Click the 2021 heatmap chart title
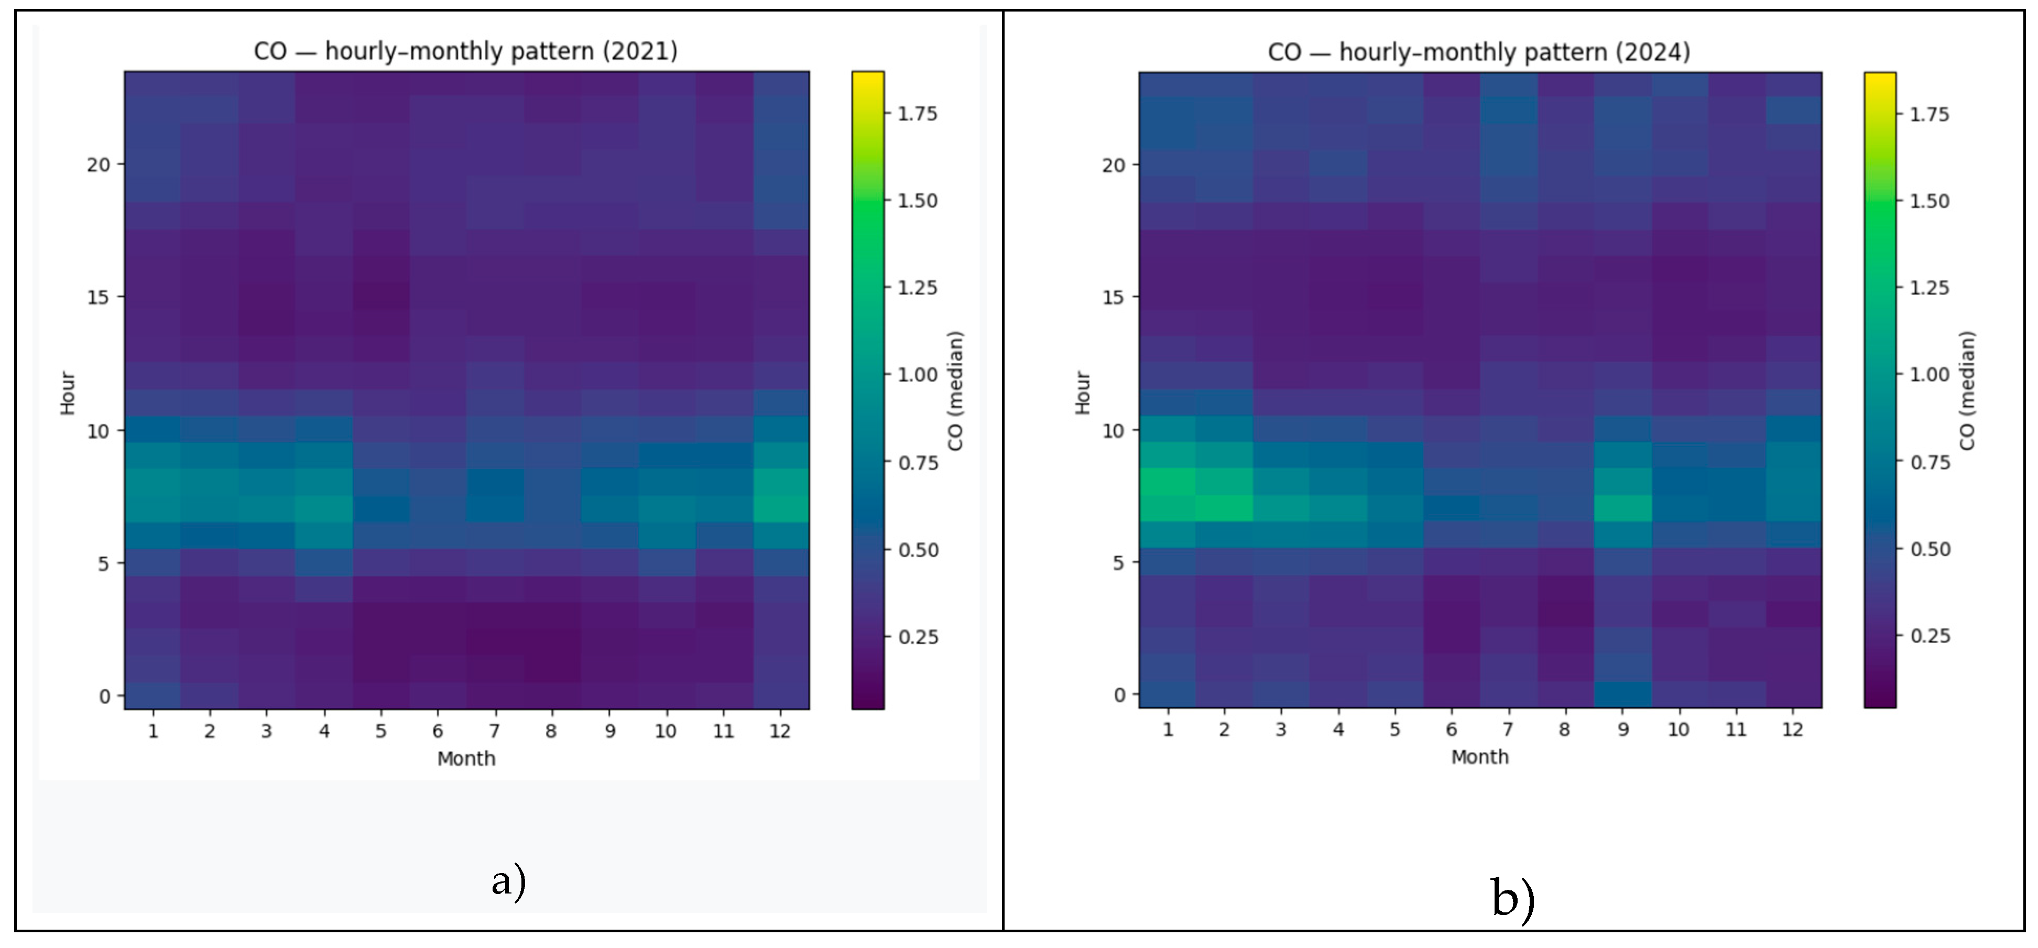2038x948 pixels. click(465, 51)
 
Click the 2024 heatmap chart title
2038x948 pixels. click(1479, 52)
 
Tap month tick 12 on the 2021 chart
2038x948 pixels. click(780, 731)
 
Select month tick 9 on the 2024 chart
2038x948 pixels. click(1622, 729)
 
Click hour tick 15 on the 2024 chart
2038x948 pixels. click(1113, 298)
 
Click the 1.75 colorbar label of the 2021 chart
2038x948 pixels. click(918, 114)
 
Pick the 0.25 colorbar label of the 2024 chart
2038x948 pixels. click(1931, 636)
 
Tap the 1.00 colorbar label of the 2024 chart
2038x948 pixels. click(1931, 374)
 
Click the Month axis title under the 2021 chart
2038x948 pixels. click(466, 759)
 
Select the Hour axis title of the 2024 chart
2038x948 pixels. click(1082, 393)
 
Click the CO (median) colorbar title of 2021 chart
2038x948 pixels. click(956, 391)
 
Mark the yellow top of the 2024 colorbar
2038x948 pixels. click(1880, 79)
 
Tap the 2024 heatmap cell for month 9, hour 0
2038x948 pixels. click(1622, 694)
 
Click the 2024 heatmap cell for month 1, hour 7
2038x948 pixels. click(1168, 508)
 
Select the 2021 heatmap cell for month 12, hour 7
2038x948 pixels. click(780, 509)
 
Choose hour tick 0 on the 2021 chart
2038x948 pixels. click(104, 696)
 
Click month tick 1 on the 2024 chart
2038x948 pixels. click(1168, 729)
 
